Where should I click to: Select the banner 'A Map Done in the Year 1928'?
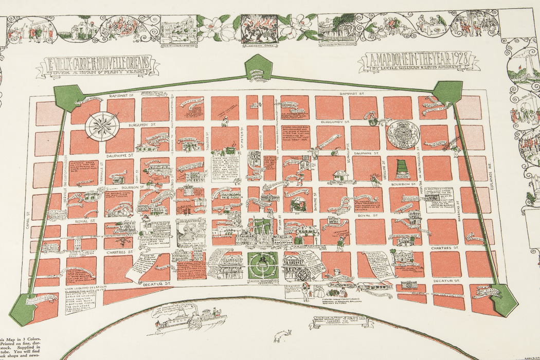coord(418,62)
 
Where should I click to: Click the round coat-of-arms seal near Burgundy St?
coord(403,134)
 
